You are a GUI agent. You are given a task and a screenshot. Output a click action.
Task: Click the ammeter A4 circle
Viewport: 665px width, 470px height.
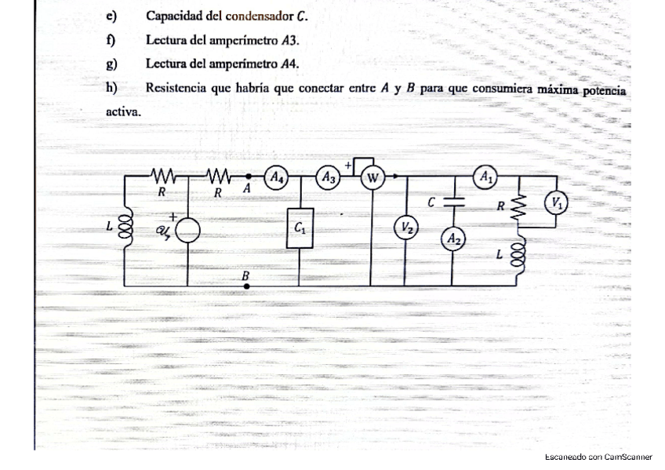pyautogui.click(x=276, y=177)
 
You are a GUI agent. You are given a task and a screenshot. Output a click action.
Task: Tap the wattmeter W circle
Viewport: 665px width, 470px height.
pyautogui.click(x=372, y=179)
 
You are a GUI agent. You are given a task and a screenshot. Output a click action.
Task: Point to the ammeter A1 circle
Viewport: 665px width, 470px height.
pyautogui.click(x=485, y=177)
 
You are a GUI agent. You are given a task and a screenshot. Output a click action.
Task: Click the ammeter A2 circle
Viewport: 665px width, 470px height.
pyautogui.click(x=452, y=239)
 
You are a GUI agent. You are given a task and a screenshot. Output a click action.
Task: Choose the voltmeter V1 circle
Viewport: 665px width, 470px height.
pyautogui.click(x=557, y=202)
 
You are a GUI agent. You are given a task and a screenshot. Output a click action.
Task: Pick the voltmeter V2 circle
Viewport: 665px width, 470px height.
pyautogui.click(x=405, y=228)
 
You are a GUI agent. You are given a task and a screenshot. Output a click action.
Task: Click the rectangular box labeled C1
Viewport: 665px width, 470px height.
pyautogui.click(x=300, y=228)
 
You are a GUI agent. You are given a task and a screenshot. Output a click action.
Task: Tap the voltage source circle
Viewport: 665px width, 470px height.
pyautogui.click(x=186, y=230)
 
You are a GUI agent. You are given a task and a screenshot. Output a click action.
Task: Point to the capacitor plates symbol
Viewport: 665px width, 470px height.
pyautogui.click(x=452, y=202)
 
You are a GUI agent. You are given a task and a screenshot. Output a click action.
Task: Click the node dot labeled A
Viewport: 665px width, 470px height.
pyautogui.click(x=248, y=177)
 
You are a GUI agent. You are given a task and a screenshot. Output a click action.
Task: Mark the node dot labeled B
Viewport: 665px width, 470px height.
pyautogui.click(x=248, y=286)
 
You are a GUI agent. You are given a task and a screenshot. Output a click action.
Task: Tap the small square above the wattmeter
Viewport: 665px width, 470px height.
pyautogui.click(x=363, y=166)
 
